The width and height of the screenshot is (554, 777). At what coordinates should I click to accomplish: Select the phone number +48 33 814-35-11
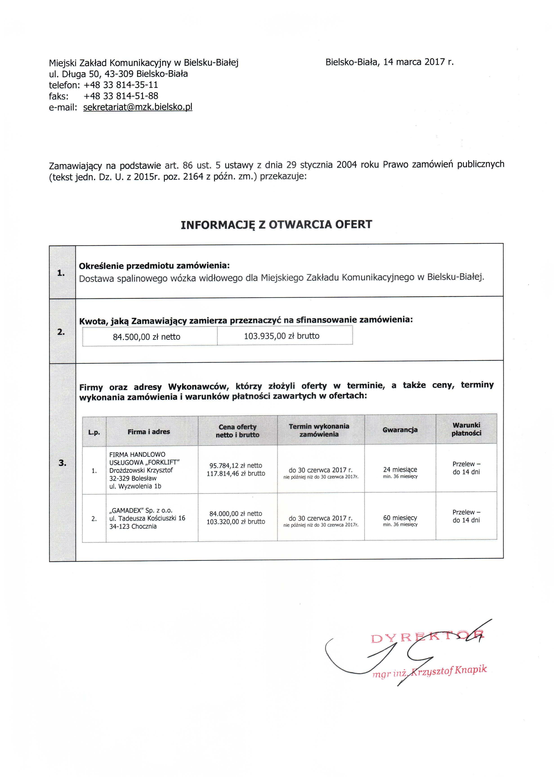[x=121, y=85]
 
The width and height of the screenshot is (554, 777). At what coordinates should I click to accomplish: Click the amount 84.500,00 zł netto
[x=146, y=337]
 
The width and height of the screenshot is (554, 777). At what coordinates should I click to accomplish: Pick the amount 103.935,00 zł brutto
[x=281, y=336]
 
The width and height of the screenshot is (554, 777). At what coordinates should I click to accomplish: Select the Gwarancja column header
[x=400, y=430]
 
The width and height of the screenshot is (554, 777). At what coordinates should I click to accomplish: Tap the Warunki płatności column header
[x=466, y=429]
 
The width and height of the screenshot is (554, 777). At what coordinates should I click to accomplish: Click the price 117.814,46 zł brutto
[x=236, y=473]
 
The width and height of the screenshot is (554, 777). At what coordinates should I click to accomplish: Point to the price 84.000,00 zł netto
[x=236, y=514]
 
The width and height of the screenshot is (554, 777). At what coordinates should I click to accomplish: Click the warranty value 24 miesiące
[x=400, y=470]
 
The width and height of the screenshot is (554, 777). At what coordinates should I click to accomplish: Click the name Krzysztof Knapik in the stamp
[x=449, y=671]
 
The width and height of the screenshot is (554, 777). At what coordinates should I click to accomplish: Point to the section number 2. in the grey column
[x=61, y=332]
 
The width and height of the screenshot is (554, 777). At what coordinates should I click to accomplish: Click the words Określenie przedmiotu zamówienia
[x=154, y=266]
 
